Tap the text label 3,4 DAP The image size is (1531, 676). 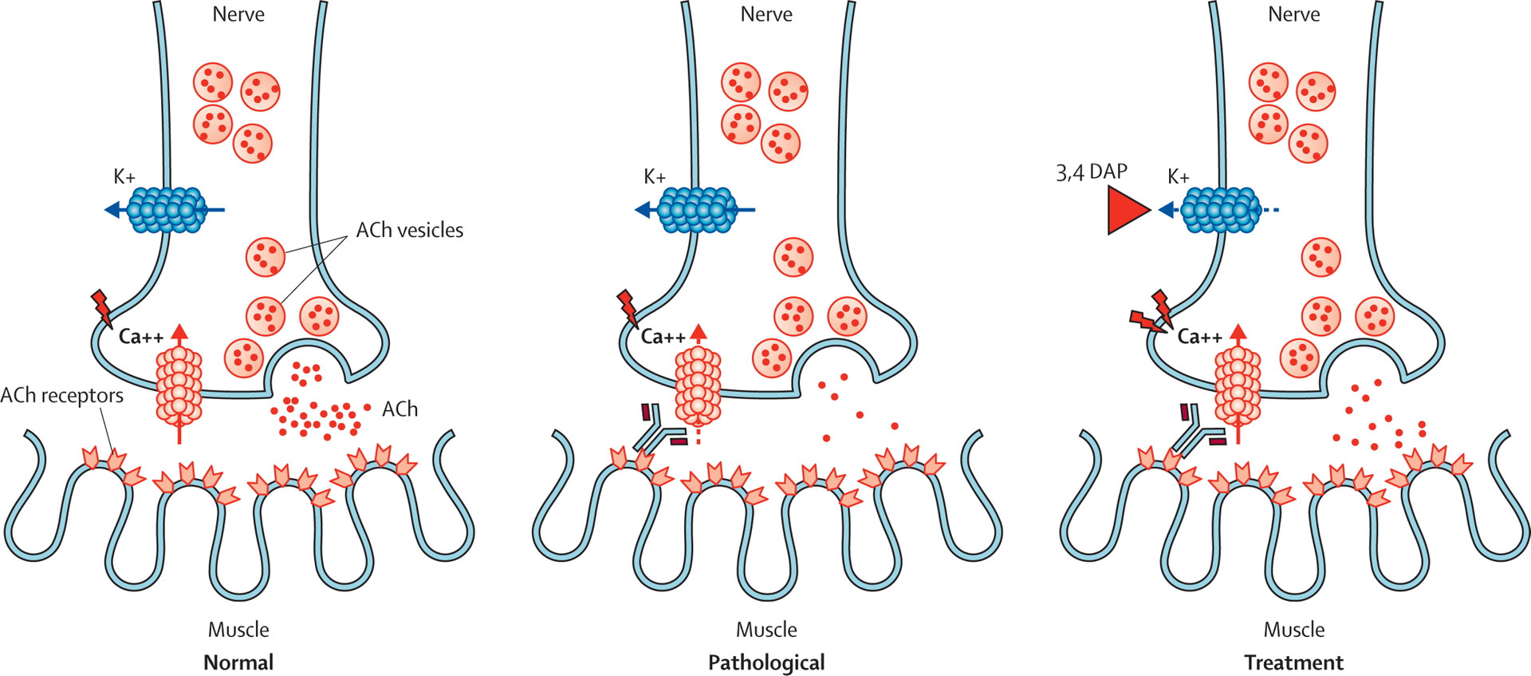(1091, 172)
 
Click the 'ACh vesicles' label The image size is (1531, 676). (409, 231)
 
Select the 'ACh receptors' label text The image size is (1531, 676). (62, 396)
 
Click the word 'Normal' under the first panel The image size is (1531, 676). (238, 662)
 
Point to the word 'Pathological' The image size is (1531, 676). (766, 662)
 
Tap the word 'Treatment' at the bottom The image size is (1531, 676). (1293, 662)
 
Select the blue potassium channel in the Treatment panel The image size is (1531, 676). (1218, 211)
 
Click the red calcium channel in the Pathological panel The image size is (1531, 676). (698, 385)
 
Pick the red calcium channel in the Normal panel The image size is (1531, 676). (179, 385)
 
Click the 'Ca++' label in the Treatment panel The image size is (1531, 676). (1199, 337)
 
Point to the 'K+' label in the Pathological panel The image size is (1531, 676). (655, 177)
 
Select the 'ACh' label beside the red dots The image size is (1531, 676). (399, 409)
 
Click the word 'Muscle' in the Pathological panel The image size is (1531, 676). (766, 630)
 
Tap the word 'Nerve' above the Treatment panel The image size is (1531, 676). (1293, 14)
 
